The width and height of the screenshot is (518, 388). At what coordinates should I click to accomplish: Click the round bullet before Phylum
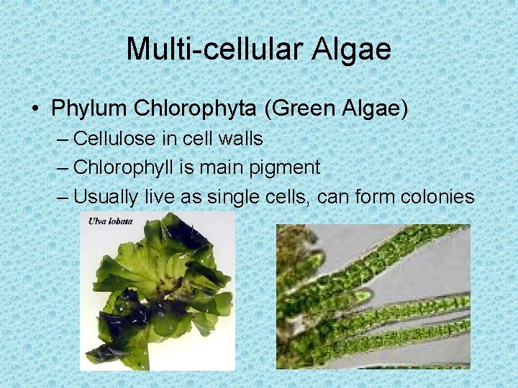[x=35, y=109]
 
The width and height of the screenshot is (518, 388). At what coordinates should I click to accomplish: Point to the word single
[x=229, y=196]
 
